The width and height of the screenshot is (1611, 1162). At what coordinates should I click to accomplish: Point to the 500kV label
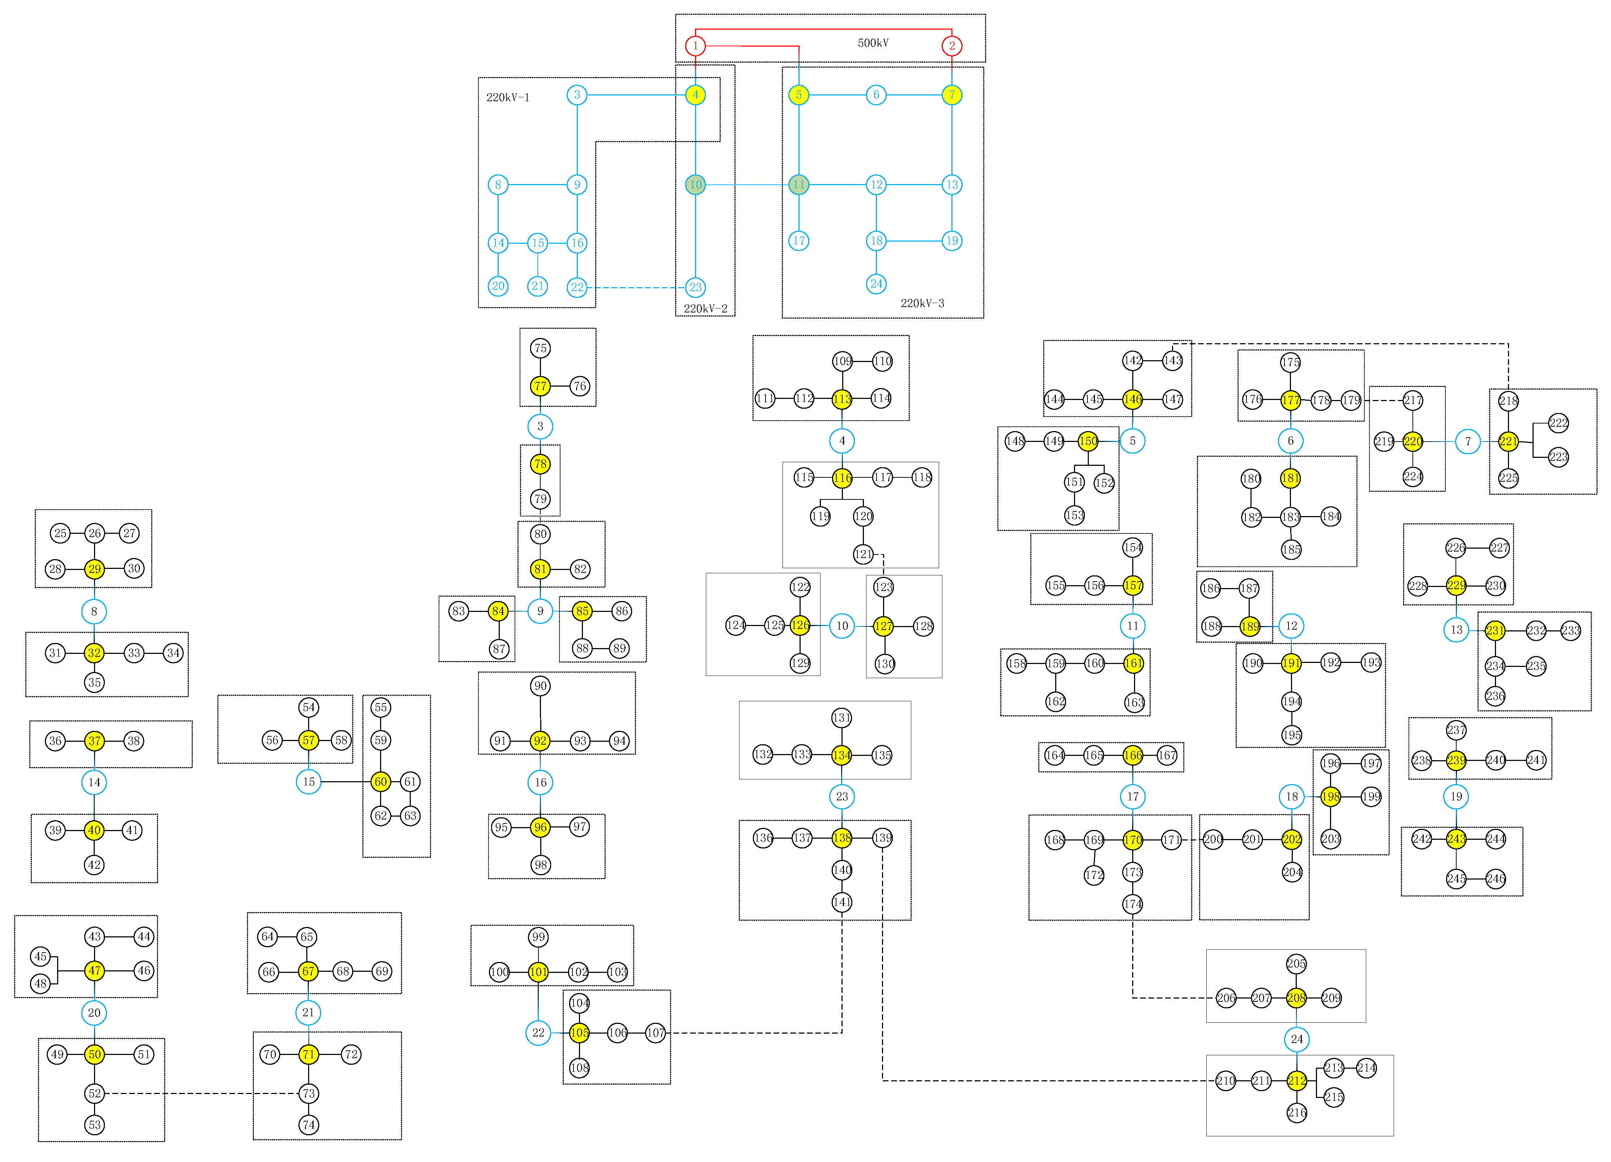pyautogui.click(x=873, y=43)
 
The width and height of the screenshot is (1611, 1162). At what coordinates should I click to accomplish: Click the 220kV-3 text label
pyautogui.click(x=922, y=303)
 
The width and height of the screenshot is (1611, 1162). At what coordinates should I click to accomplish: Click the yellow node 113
pyautogui.click(x=842, y=399)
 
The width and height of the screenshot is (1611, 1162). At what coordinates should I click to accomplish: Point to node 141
pyautogui.click(x=842, y=902)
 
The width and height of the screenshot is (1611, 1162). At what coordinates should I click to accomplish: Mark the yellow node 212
pyautogui.click(x=1296, y=1080)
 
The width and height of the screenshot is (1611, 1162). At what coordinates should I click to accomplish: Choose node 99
pyautogui.click(x=538, y=937)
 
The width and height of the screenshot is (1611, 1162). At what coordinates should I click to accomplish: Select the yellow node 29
pyautogui.click(x=94, y=569)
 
